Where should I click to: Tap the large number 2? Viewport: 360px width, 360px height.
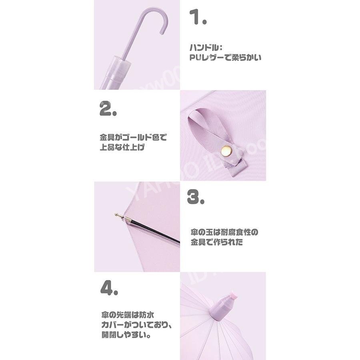coord(107,108)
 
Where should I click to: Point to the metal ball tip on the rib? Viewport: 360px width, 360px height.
coord(118,214)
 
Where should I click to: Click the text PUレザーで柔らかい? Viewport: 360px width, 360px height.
coord(225,58)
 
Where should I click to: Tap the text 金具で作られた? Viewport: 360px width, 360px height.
coord(216,242)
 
